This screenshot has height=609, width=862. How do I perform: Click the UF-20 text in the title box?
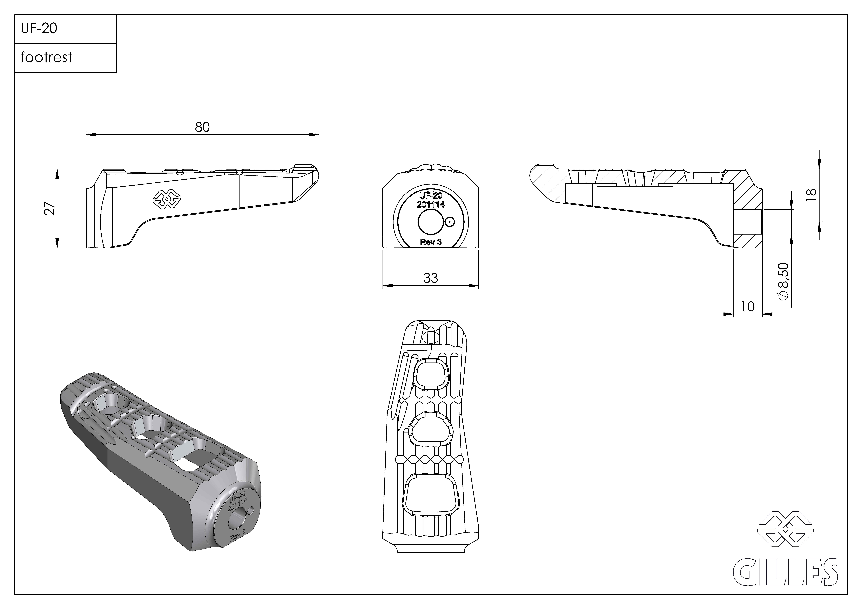pyautogui.click(x=39, y=29)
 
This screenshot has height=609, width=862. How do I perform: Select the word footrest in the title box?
pyautogui.click(x=46, y=57)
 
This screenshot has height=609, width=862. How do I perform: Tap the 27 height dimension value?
pyautogui.click(x=50, y=209)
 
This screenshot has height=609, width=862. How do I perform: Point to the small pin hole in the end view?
pyautogui.click(x=449, y=222)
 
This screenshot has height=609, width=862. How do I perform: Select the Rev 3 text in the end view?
pyautogui.click(x=431, y=242)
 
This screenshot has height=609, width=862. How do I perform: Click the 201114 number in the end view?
pyautogui.click(x=431, y=205)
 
